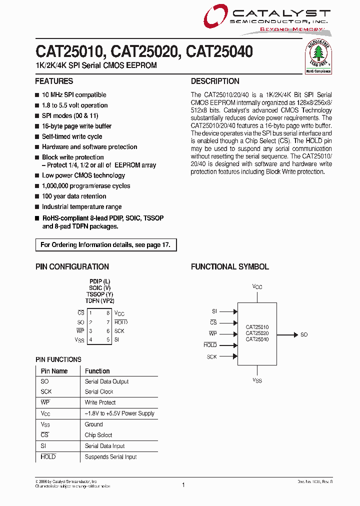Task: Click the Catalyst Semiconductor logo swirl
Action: click(x=215, y=19)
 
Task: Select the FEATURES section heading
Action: click(x=54, y=81)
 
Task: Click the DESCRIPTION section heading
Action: click(x=215, y=81)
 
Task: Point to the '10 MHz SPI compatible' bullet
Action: click(x=73, y=95)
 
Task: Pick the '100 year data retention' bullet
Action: click(x=73, y=196)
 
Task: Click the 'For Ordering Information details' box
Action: click(x=105, y=245)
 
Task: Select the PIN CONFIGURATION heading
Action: click(x=72, y=267)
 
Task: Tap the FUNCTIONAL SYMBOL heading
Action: click(x=229, y=267)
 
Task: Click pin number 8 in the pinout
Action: click(x=107, y=313)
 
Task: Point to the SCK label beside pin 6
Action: click(x=119, y=331)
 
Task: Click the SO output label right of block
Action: click(x=304, y=334)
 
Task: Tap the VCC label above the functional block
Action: click(x=257, y=287)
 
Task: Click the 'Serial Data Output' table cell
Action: click(x=106, y=381)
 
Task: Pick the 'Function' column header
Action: click(x=97, y=371)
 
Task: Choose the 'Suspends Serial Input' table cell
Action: click(x=110, y=457)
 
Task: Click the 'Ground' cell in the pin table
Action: click(x=93, y=424)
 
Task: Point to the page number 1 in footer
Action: click(x=183, y=484)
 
